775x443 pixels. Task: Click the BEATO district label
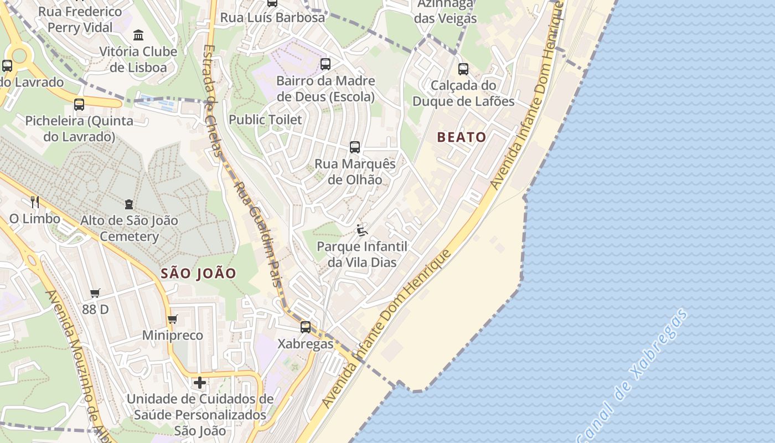462,137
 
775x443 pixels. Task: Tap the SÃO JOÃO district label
199,273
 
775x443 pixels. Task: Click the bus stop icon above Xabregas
306,327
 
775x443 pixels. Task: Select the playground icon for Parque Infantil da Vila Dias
362,230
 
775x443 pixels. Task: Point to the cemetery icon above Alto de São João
129,204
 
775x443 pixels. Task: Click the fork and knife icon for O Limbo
34,202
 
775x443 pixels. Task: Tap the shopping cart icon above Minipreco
172,319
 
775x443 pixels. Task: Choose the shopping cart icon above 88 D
95,293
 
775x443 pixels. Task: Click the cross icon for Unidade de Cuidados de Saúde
200,383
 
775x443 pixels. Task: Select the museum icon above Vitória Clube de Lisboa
138,35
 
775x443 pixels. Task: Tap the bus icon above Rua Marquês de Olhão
355,147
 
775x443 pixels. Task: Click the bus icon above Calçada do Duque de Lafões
463,69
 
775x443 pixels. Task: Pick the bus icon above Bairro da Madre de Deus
325,64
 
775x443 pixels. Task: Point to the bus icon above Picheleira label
79,104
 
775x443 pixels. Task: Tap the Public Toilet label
265,120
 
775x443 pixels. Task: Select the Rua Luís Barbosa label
272,17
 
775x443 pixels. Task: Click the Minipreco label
173,336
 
